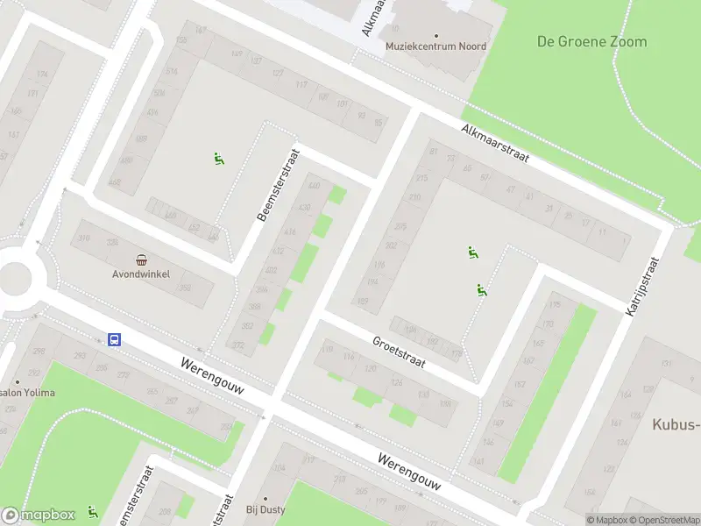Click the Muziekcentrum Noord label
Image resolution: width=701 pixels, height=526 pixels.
click(436, 46)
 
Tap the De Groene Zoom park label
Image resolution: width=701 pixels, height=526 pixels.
click(591, 41)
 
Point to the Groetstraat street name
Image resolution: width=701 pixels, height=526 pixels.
click(398, 352)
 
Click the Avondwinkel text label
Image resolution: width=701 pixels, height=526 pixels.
click(141, 274)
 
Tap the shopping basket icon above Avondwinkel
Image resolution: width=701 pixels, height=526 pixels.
click(141, 259)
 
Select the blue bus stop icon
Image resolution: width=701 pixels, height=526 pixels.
click(114, 339)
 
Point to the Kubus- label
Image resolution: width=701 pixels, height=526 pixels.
click(676, 425)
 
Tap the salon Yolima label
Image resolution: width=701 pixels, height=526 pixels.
click(28, 392)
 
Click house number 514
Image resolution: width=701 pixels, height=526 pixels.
click(172, 72)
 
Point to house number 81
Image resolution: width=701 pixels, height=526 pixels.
click(433, 152)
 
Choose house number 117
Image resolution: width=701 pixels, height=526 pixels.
click(302, 85)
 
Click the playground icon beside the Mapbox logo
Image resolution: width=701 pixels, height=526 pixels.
click(92, 512)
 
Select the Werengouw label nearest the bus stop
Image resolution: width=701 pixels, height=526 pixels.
click(210, 375)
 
